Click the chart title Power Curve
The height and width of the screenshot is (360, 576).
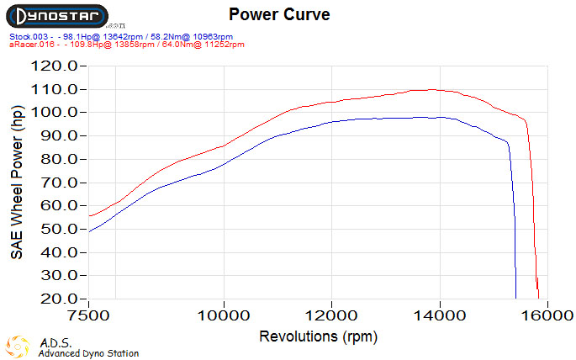[279, 14]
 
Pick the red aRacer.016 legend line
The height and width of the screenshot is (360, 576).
[126, 45]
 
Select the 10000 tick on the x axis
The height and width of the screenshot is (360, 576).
[224, 317]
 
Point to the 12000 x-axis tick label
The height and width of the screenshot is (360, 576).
[331, 317]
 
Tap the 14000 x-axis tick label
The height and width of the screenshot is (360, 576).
[440, 317]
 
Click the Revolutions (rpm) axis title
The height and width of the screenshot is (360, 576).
[319, 336]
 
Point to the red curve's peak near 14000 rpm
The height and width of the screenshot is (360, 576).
[431, 89]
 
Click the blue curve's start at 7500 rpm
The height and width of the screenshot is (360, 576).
[89, 230]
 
